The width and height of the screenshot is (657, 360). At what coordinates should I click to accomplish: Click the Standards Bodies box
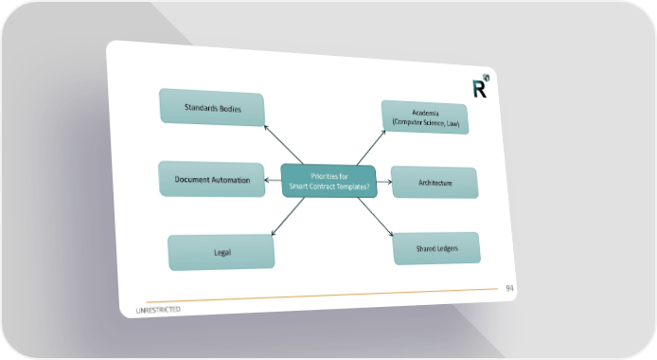tap(212, 107)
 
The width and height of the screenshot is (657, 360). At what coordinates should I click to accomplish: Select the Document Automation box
tap(212, 179)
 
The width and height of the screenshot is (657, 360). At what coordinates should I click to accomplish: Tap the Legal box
tap(222, 252)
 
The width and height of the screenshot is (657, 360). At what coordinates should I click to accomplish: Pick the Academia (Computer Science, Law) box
tap(425, 117)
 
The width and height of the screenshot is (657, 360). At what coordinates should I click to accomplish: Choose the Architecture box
tap(435, 182)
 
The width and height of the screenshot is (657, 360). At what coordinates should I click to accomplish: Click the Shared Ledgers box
tap(436, 248)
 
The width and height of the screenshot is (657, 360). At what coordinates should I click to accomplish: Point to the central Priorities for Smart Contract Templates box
tap(328, 181)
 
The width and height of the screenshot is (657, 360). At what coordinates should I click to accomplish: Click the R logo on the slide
tap(481, 86)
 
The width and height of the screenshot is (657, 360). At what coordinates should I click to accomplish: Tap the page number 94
tap(509, 288)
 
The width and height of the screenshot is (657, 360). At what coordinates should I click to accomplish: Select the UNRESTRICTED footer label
tap(158, 310)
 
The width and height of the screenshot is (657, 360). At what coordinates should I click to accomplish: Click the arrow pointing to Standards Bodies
tap(283, 145)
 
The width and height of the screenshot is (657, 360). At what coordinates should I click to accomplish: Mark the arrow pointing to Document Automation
tap(273, 180)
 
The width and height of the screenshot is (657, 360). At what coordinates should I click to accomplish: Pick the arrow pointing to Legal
tap(288, 217)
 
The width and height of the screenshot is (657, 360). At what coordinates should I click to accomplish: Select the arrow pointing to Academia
tap(371, 147)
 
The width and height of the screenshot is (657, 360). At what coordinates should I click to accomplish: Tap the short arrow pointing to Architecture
tap(384, 182)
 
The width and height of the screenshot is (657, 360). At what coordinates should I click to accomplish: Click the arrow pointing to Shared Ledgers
tap(376, 217)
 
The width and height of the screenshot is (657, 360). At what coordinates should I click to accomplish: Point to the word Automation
tap(230, 180)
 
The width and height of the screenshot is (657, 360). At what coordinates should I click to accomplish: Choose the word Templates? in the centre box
tap(353, 187)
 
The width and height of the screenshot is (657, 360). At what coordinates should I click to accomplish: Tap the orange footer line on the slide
tap(322, 296)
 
